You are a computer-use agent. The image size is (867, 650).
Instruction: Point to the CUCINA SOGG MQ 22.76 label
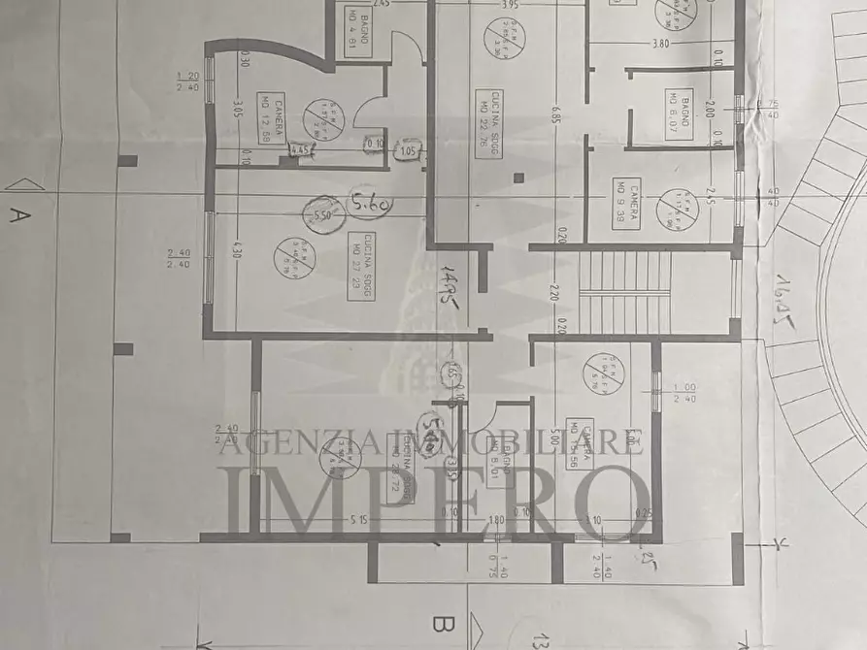click(483, 115)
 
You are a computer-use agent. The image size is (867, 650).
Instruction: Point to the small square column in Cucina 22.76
click(519, 179)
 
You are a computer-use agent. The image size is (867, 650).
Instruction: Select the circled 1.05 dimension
click(408, 150)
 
